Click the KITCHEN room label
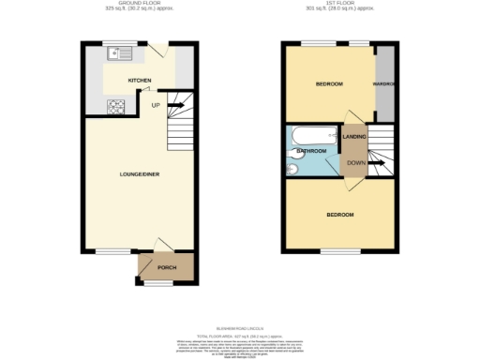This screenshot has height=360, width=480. (x=139, y=81)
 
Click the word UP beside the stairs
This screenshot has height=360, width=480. (x=156, y=105)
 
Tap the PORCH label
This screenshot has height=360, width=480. (x=167, y=268)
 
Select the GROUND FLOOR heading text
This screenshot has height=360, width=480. (x=140, y=5)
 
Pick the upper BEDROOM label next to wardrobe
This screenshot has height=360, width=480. (x=328, y=84)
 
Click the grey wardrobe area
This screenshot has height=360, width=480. (x=384, y=84)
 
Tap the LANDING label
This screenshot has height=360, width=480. (x=354, y=138)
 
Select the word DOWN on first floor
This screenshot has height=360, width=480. (x=356, y=162)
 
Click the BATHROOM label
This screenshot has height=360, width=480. (x=311, y=151)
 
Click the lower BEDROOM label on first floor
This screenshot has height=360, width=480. (x=339, y=215)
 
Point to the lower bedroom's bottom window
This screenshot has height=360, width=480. (x=338, y=251)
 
